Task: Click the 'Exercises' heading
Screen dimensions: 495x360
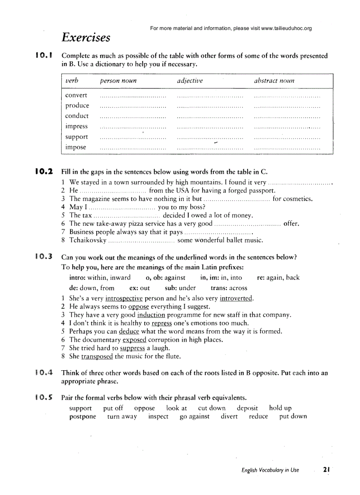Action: tap(86, 37)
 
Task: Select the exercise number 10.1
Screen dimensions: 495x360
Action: tap(44, 56)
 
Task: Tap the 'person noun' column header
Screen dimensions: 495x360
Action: tap(118, 81)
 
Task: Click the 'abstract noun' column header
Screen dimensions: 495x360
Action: tap(274, 81)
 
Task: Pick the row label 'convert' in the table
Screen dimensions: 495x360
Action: tap(76, 95)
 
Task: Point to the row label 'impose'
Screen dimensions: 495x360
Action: tap(76, 147)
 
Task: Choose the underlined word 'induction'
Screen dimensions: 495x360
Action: tap(151, 315)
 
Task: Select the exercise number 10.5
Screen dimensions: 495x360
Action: tap(44, 397)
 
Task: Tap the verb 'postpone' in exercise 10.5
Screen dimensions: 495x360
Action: tap(82, 417)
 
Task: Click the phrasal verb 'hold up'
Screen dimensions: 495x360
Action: tap(280, 408)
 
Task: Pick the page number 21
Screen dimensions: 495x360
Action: tap(326, 470)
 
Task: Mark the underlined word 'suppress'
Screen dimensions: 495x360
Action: tap(132, 348)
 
